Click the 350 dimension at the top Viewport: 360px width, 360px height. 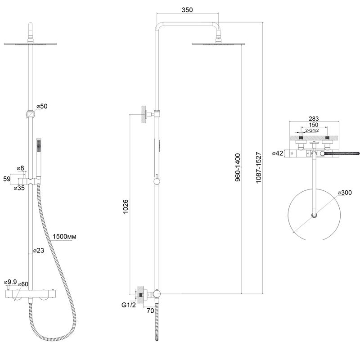point(187,10)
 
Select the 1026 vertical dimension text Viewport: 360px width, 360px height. point(126,207)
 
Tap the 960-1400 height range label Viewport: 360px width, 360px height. point(238,167)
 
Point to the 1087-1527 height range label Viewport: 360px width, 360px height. point(259,167)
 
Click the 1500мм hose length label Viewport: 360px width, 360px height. point(64,237)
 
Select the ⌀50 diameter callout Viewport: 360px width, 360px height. point(42,106)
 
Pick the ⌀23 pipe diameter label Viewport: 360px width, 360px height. point(39,250)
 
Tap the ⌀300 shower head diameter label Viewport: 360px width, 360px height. point(345,193)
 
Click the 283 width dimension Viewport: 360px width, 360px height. point(314,118)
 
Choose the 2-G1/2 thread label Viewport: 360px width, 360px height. point(312,130)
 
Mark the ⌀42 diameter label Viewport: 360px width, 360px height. point(278,153)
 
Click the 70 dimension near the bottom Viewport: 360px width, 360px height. point(150,310)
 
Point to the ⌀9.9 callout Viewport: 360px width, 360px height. point(10,282)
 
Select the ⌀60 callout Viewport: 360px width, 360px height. point(23,284)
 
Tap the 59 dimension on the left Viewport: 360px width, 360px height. point(7,179)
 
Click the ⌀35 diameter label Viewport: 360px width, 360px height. point(19,188)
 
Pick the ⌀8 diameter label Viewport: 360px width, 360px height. point(21,168)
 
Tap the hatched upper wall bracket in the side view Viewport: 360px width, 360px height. point(144,114)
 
